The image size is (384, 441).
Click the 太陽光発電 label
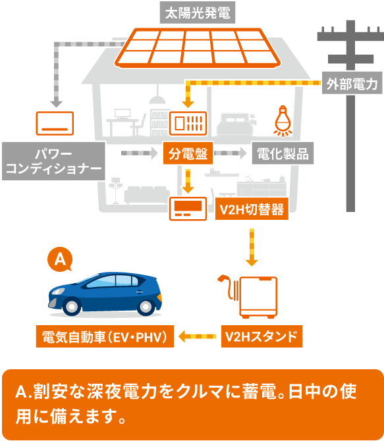pos(198,13)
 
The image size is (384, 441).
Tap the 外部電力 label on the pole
pos(352,83)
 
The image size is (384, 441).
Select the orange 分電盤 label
pos(188,153)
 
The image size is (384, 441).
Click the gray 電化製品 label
pos(283,153)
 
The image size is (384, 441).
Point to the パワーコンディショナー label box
pos(53,161)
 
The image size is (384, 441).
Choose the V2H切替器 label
pos(252,209)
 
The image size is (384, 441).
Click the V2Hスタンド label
pos(261,336)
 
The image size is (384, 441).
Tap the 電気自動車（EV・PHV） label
pos(105,336)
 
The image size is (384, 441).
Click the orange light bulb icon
pos(283,121)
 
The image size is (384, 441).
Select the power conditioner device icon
pos(55,124)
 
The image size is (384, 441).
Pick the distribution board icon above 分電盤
pos(188,124)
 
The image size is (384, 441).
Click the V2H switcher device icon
pos(188,209)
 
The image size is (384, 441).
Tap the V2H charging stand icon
pos(248,297)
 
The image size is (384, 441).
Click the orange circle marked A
pos(60,259)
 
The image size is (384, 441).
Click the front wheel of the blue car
pos(72,306)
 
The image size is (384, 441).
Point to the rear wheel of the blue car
pos(146,306)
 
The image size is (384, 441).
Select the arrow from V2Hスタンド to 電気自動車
pos(198,336)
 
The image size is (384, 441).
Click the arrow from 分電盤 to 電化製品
pos(231,153)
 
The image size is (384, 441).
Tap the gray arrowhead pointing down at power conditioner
pos(56,103)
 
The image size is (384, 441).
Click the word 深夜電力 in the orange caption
pos(121,391)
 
